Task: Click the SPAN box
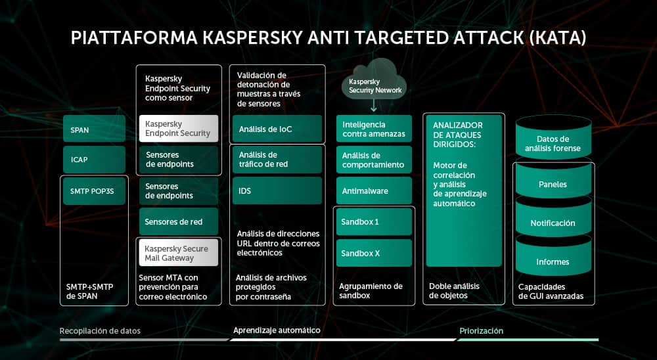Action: [94, 129]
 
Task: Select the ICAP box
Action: [94, 160]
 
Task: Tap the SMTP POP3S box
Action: [94, 191]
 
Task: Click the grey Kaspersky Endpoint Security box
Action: [178, 128]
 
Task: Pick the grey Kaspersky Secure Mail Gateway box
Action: [178, 253]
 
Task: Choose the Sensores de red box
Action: [178, 222]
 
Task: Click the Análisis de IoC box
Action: [277, 129]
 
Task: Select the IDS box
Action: [277, 191]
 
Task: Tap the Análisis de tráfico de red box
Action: [277, 160]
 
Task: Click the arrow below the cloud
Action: [373, 105]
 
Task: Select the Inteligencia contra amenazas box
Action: [374, 129]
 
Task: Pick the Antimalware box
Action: [374, 191]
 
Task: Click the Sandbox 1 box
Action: [374, 222]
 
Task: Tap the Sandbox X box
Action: [374, 253]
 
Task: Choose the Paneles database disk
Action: [553, 184]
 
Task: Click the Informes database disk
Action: [553, 261]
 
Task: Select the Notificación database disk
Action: [553, 223]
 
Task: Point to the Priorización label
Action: [481, 331]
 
